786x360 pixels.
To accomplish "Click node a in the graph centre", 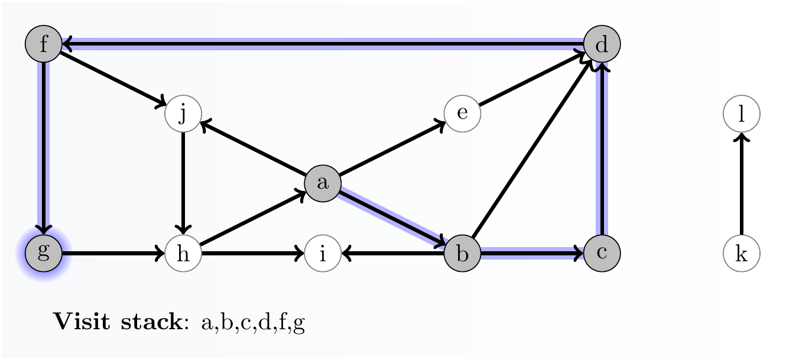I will (323, 183).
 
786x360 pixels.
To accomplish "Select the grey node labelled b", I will (462, 254).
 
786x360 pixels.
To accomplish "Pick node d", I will (602, 44).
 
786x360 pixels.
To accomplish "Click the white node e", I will (462, 113).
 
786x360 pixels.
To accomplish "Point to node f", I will (43, 44).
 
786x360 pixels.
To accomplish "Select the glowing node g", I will (43, 254).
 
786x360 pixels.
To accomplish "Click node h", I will (183, 254).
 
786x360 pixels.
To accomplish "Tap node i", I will (323, 254).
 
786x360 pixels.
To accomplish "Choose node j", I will (183, 113).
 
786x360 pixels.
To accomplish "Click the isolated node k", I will (741, 254).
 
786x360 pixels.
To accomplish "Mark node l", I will (741, 113).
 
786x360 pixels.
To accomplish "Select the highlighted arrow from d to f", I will (323, 43).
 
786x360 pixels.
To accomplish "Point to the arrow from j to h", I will (183, 183).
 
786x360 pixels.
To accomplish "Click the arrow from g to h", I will (112, 254).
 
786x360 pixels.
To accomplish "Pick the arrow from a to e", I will (392, 148).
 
